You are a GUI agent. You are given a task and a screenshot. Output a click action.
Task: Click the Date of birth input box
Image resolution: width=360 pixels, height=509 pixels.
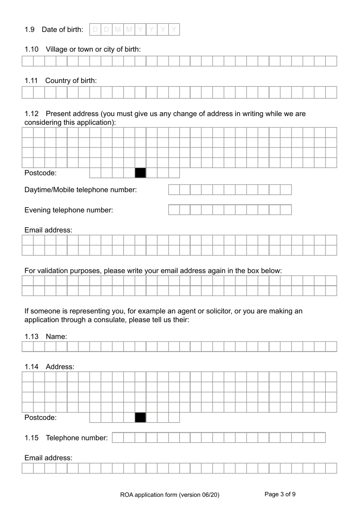135,30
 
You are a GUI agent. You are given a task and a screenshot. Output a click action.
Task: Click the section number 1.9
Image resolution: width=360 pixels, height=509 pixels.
30,30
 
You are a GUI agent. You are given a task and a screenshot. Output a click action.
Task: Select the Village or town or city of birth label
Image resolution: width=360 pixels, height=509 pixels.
93,49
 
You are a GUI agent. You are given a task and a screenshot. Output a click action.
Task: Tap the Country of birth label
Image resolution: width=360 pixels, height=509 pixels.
71,80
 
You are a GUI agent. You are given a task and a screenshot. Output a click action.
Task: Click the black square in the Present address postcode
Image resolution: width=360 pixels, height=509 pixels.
140,173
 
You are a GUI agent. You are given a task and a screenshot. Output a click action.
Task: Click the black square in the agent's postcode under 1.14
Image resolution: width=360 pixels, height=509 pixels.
140,418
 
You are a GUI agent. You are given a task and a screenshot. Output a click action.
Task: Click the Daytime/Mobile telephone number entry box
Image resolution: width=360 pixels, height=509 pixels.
230,190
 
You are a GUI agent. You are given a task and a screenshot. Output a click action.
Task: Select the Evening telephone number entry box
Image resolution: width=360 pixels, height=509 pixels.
230,210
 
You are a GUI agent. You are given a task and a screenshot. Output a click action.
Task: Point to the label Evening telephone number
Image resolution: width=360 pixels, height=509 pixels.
69,210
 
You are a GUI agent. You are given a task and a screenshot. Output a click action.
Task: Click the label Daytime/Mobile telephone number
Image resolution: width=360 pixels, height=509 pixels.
80,190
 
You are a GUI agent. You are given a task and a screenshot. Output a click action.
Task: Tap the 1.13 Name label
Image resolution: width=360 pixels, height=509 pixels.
56,336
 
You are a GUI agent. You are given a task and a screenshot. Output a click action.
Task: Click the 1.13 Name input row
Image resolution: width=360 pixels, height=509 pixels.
179,346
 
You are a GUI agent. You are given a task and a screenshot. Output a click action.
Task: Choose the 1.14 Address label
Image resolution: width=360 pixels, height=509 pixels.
60,367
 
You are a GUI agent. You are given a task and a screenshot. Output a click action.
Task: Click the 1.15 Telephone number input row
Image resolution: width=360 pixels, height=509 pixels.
219,437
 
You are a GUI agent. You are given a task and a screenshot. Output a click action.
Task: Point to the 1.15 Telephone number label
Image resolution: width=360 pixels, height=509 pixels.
77,438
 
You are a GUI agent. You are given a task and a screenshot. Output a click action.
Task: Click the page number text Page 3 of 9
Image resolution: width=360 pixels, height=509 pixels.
280,494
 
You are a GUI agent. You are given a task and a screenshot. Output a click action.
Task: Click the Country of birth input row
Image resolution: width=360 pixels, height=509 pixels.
179,93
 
